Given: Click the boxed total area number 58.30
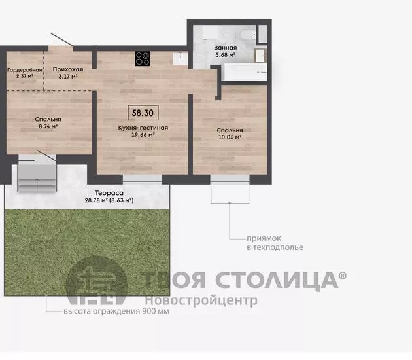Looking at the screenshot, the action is tap(143, 113).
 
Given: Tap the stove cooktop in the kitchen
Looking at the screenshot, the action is tap(143, 58).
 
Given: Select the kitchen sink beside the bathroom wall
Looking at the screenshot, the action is tap(180, 58).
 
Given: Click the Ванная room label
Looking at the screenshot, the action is tap(225, 48).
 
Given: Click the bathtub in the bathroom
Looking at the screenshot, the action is tap(245, 72).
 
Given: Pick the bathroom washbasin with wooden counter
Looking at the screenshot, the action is tap(260, 55).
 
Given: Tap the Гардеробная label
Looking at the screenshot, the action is tap(25, 70).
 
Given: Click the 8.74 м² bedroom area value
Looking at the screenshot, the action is tap(48, 126).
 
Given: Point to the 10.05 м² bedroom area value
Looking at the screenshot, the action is tap(230, 137).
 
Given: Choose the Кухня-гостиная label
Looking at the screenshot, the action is tap(143, 128).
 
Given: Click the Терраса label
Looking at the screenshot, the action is tap(109, 193).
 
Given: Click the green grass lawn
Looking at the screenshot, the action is tap(87, 253).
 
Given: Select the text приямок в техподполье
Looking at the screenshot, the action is tap(275, 243).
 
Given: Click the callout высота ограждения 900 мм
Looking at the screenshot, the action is tap(116, 311).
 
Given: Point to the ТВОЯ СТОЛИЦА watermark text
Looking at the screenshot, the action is tap(239, 279).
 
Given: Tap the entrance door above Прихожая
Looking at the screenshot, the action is tap(62, 40).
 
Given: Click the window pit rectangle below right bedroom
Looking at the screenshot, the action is tap(230, 193).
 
